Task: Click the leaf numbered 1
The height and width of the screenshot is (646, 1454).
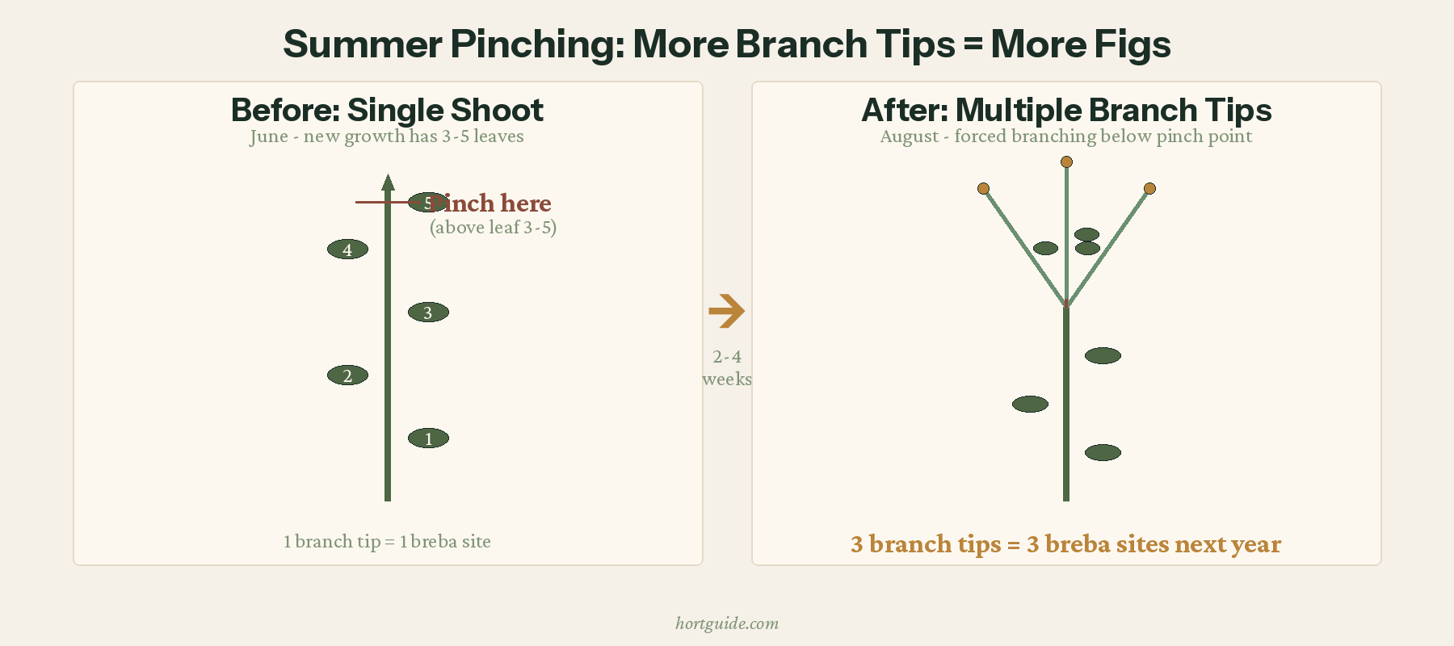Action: pyautogui.click(x=428, y=438)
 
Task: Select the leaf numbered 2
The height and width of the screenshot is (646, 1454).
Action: pyautogui.click(x=347, y=375)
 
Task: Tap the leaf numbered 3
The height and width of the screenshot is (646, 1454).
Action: pyautogui.click(x=428, y=313)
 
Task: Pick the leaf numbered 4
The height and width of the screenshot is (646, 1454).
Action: pyautogui.click(x=347, y=250)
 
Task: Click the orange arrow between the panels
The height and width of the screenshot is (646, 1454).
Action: pyautogui.click(x=726, y=312)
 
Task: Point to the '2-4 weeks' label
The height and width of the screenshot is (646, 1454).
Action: pyautogui.click(x=727, y=367)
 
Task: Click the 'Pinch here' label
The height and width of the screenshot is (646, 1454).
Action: pyautogui.click(x=491, y=203)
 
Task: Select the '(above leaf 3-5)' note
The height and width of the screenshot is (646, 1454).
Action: pyautogui.click(x=493, y=228)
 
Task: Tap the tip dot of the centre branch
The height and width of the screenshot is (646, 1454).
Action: pyautogui.click(x=1066, y=162)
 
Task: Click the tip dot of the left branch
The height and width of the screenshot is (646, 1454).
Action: pyautogui.click(x=983, y=189)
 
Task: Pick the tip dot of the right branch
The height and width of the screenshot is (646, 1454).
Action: pyautogui.click(x=1149, y=189)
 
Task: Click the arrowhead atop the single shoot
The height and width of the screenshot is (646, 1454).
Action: pyautogui.click(x=388, y=182)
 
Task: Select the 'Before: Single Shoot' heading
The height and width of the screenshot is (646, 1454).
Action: pyautogui.click(x=387, y=110)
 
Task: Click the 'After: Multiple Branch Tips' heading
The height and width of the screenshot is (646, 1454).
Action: pyautogui.click(x=1066, y=110)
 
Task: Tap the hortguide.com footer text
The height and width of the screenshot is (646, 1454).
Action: pyautogui.click(x=727, y=623)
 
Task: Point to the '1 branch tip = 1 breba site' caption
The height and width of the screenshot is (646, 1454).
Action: pyautogui.click(x=387, y=542)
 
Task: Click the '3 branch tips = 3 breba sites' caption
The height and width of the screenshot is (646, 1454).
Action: pyautogui.click(x=1065, y=544)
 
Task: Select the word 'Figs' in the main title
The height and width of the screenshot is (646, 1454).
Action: pyautogui.click(x=1132, y=45)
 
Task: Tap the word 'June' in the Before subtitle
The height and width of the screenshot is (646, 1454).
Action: pyautogui.click(x=268, y=136)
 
